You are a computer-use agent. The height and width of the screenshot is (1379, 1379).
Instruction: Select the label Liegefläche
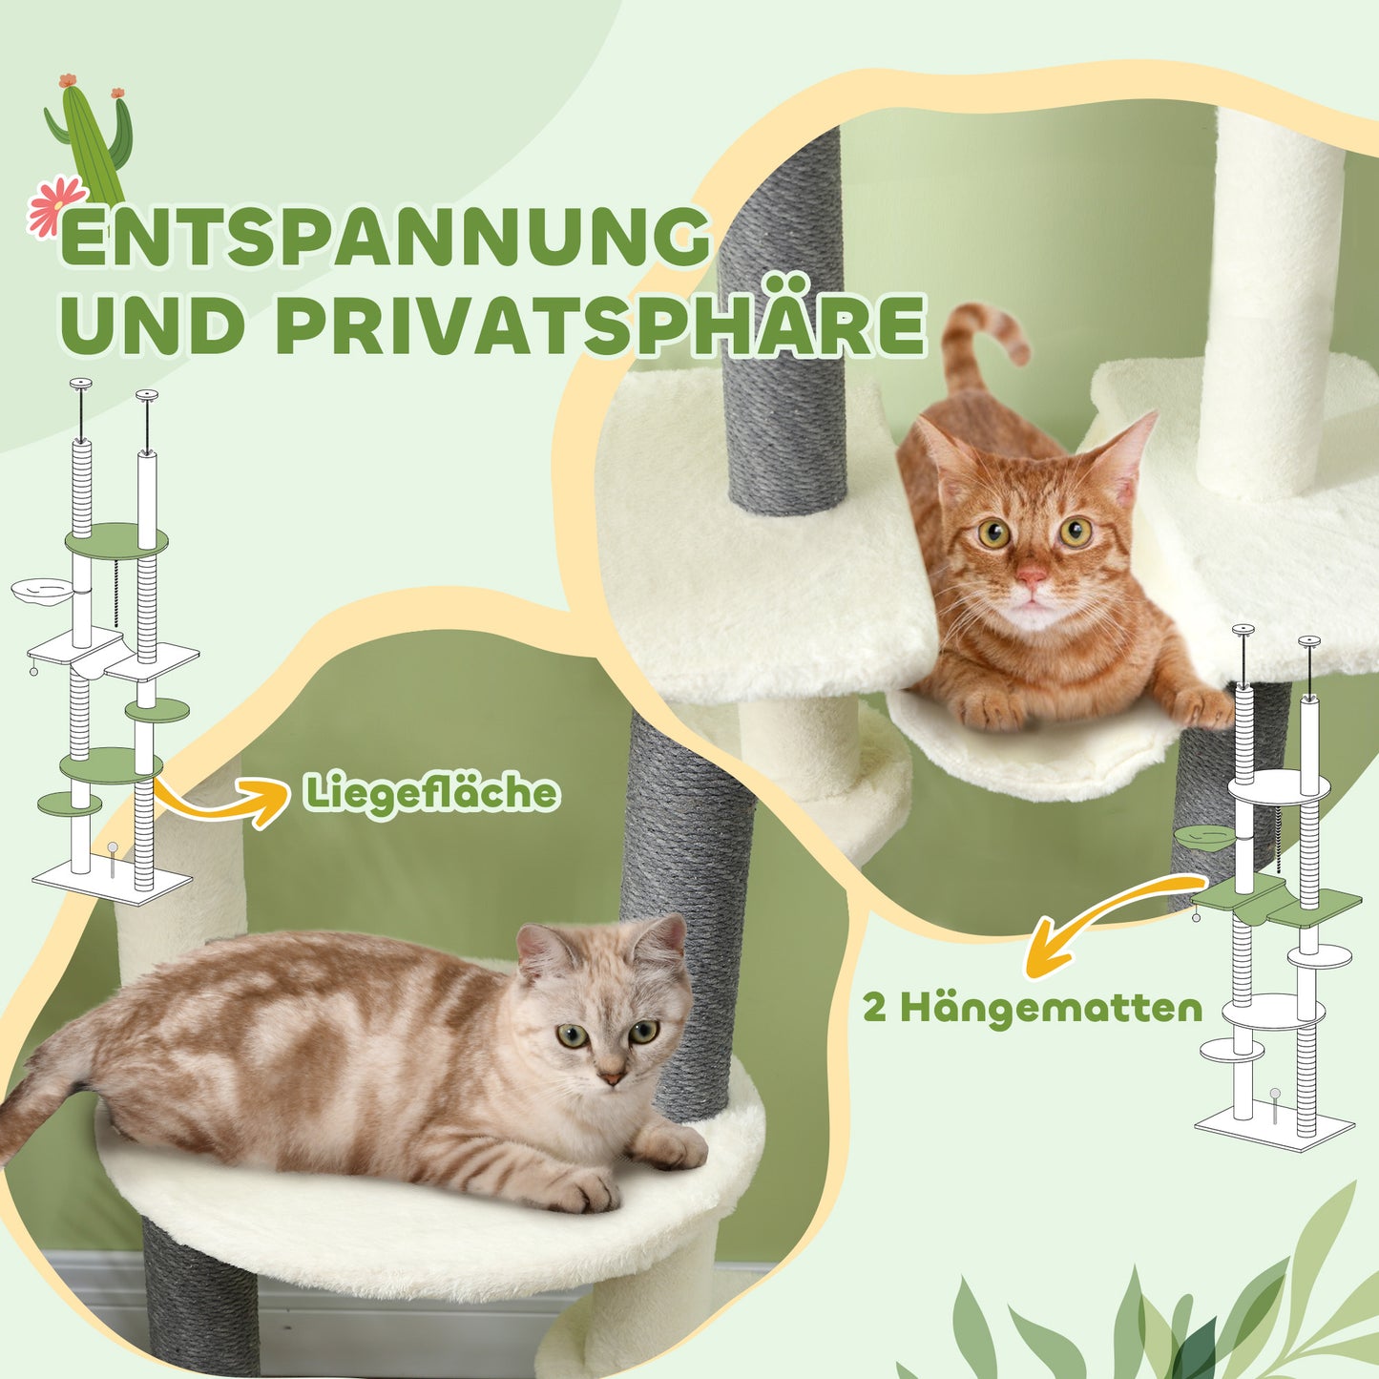pyautogui.click(x=431, y=792)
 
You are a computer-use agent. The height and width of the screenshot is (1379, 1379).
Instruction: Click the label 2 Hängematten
pyautogui.click(x=1032, y=1008)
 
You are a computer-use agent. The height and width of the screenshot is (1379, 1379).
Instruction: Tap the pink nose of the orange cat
pyautogui.click(x=1031, y=575)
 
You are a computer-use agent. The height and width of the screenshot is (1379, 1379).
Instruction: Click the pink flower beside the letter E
pyautogui.click(x=56, y=206)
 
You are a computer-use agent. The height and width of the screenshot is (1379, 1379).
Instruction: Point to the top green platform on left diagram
pyautogui.click(x=116, y=541)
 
